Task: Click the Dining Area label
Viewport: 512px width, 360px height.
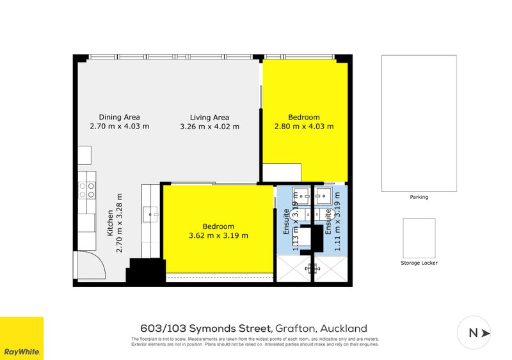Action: [x=119, y=117]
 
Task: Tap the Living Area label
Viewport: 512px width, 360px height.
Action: [x=209, y=117]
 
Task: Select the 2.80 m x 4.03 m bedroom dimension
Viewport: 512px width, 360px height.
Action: [x=304, y=127]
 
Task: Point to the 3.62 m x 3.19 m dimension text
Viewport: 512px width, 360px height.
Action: [x=218, y=235]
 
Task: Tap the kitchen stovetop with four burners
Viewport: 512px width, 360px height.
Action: [x=87, y=189]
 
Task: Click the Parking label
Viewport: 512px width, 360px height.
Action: [x=419, y=197]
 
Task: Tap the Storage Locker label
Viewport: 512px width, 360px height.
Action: [x=419, y=263]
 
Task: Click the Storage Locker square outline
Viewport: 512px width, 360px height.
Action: [x=419, y=238]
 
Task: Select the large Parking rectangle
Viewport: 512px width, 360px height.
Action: [x=419, y=123]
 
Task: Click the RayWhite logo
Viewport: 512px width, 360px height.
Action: [x=22, y=338]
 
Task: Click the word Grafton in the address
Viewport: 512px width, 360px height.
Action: [x=296, y=329]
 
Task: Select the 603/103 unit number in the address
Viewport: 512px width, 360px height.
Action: [x=166, y=329]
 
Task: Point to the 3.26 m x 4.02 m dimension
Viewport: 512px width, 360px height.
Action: [x=209, y=127]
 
